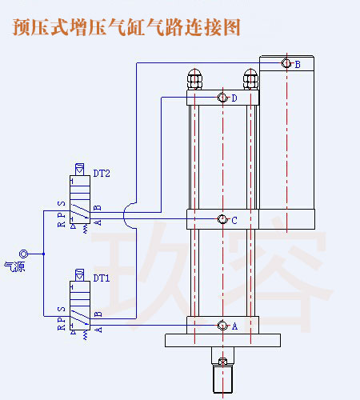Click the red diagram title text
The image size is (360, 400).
(126, 26)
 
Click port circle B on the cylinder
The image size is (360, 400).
(286, 64)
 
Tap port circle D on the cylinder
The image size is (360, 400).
(222, 98)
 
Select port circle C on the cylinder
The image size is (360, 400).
(222, 220)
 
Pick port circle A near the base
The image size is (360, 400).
(222, 326)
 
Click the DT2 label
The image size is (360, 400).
(102, 173)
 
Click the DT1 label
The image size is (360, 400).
(102, 278)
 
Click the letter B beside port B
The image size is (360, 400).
(298, 65)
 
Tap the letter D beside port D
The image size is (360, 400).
(234, 99)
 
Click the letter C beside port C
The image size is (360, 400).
(234, 221)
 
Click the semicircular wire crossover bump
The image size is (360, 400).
(131, 214)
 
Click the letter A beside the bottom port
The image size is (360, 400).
(234, 327)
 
